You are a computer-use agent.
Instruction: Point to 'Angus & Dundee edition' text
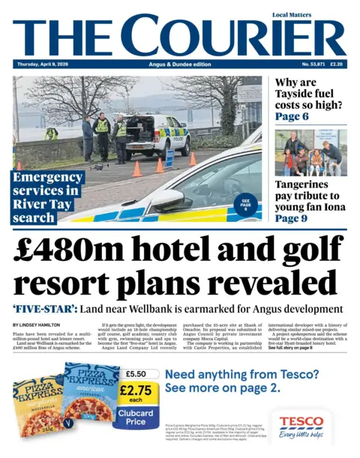click(x=180, y=65)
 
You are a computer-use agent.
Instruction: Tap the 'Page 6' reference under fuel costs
click(x=292, y=117)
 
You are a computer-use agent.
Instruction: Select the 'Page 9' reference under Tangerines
click(x=292, y=218)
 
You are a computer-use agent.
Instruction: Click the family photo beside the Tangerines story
click(x=310, y=153)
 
